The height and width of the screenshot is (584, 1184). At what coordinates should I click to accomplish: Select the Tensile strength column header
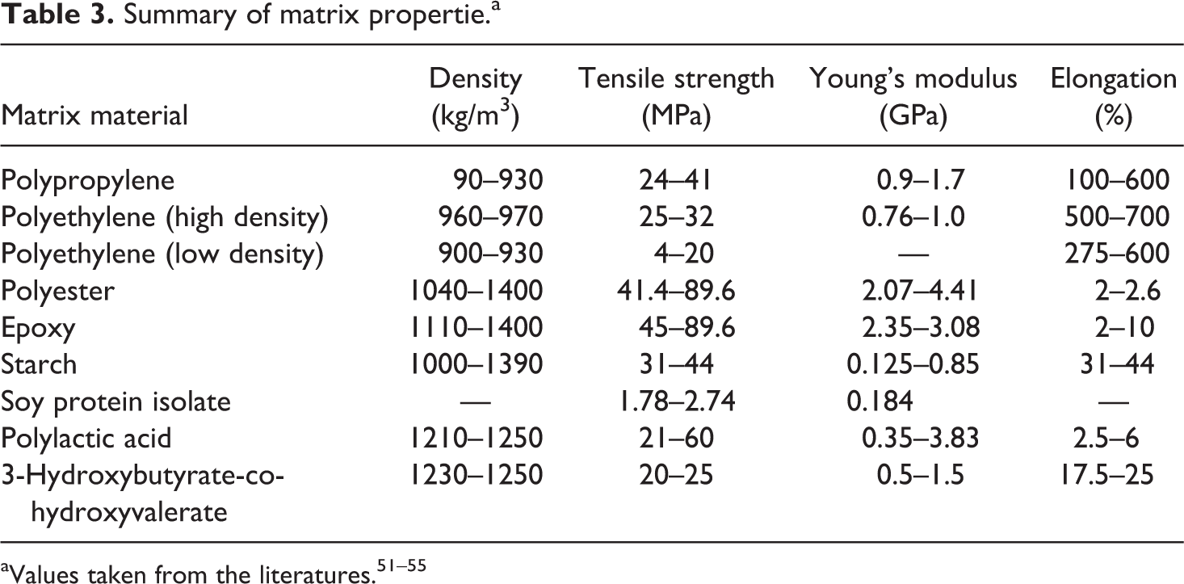674,97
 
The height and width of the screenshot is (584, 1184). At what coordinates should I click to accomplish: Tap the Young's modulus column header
913,97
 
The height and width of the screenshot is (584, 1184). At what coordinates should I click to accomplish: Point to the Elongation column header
1113,97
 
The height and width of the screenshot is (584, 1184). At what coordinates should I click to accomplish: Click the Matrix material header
94,116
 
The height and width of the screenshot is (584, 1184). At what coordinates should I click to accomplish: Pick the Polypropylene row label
87,180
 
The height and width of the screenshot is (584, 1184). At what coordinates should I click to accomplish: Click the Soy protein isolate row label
116,401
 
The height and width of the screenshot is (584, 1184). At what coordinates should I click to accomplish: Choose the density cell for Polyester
475,291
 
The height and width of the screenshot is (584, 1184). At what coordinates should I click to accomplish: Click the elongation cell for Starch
1117,364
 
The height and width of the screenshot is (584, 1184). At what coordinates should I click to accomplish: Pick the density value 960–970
489,216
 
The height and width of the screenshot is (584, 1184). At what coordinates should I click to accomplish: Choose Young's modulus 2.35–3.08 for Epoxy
920,327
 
